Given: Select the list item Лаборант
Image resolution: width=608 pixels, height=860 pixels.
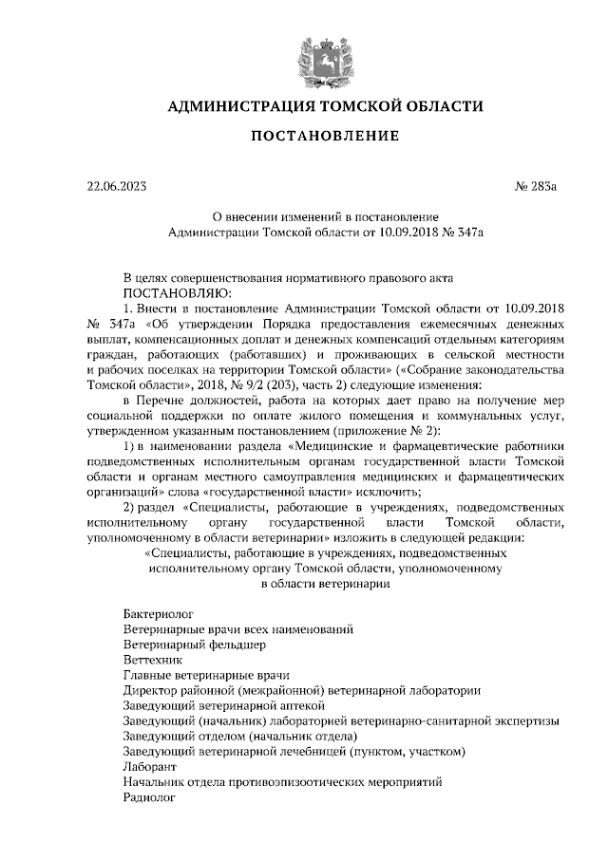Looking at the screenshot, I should (x=150, y=767).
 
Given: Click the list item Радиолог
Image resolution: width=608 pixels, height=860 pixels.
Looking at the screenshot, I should (x=151, y=798).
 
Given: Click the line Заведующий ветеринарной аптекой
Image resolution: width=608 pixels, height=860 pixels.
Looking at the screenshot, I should (x=225, y=705).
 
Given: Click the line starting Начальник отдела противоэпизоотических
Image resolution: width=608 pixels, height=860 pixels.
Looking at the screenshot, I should (x=283, y=783).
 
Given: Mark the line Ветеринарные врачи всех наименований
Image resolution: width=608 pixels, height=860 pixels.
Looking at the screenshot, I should (x=238, y=628).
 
